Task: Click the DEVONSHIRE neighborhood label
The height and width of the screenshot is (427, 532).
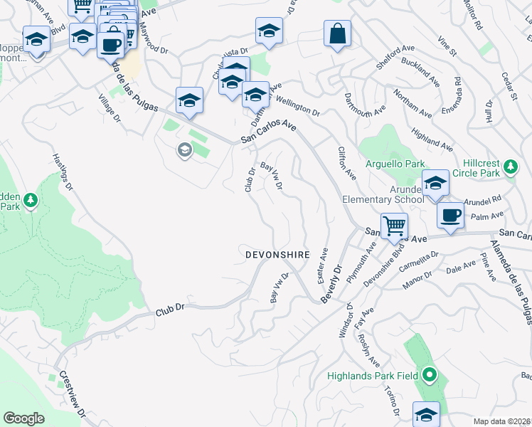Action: (x=278, y=254)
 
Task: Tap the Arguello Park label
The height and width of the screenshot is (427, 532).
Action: (x=395, y=164)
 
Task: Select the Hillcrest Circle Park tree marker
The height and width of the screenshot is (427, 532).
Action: (x=510, y=167)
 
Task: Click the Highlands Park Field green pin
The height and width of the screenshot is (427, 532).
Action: (x=429, y=374)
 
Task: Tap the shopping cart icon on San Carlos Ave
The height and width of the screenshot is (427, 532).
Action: (x=393, y=227)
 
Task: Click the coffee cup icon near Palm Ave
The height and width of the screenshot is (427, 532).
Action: (x=450, y=215)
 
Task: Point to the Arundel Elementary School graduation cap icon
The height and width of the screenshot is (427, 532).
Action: (x=435, y=184)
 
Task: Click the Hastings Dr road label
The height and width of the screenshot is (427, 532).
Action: (x=63, y=174)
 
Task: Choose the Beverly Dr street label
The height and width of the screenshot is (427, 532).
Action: (x=332, y=283)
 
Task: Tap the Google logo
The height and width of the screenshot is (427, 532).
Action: (x=23, y=418)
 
